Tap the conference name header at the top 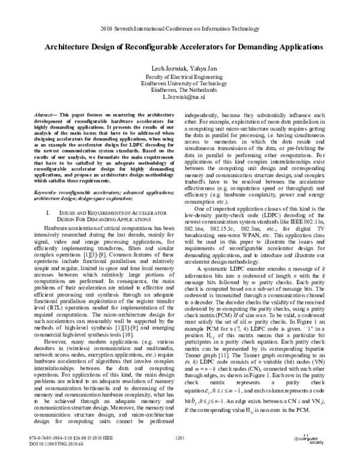pos(179,28)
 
